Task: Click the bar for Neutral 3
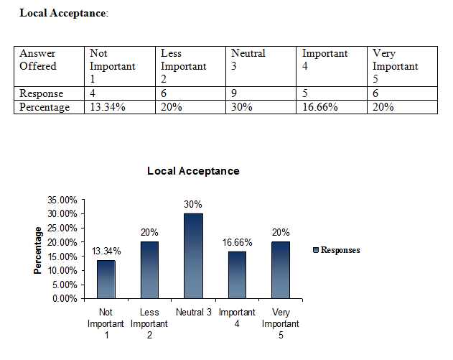pos(192,256)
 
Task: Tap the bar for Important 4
pos(236,274)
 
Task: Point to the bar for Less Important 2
pos(149,270)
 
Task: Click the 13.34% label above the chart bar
pos(106,251)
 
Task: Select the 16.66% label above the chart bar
pos(236,242)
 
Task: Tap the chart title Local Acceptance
pos(193,171)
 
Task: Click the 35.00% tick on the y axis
pos(62,200)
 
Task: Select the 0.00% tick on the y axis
pos(64,298)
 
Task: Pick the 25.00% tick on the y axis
pos(62,228)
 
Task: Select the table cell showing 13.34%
pos(120,107)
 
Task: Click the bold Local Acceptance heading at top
pos(62,14)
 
